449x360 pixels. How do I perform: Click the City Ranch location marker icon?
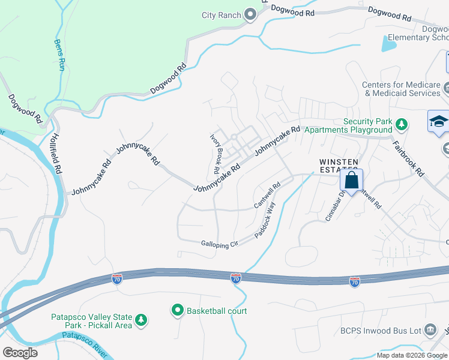(250, 16)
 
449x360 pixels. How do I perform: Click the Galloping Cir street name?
(220, 243)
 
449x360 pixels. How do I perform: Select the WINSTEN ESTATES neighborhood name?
(339, 166)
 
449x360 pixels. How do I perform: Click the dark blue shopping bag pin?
(351, 180)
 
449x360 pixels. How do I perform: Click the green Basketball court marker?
(178, 311)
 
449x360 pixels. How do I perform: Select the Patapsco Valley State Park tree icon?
(141, 320)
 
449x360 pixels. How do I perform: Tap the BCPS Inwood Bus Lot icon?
(430, 329)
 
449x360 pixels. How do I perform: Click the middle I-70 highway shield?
(235, 278)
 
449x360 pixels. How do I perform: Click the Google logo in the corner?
(20, 352)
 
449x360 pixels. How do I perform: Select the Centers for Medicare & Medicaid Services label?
(401, 89)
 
